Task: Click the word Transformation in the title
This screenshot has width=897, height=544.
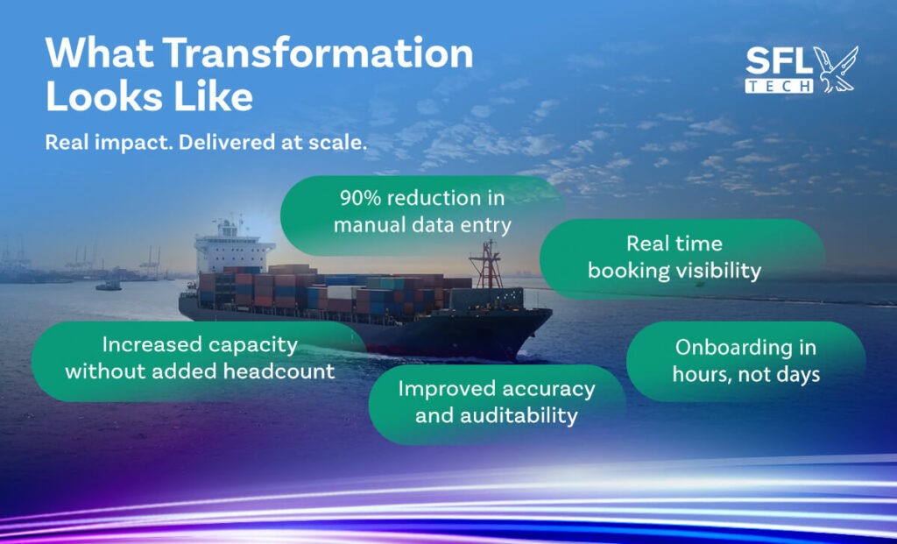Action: point(318,53)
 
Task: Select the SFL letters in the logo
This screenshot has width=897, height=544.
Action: point(778,61)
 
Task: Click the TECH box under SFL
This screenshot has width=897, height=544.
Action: point(779,86)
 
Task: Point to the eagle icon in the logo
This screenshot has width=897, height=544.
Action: point(837,69)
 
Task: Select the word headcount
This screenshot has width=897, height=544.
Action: point(279,371)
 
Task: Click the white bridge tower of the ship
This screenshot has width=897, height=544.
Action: point(230,246)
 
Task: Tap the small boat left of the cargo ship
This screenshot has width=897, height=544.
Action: point(108,286)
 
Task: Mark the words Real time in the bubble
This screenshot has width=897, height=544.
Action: point(675,244)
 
